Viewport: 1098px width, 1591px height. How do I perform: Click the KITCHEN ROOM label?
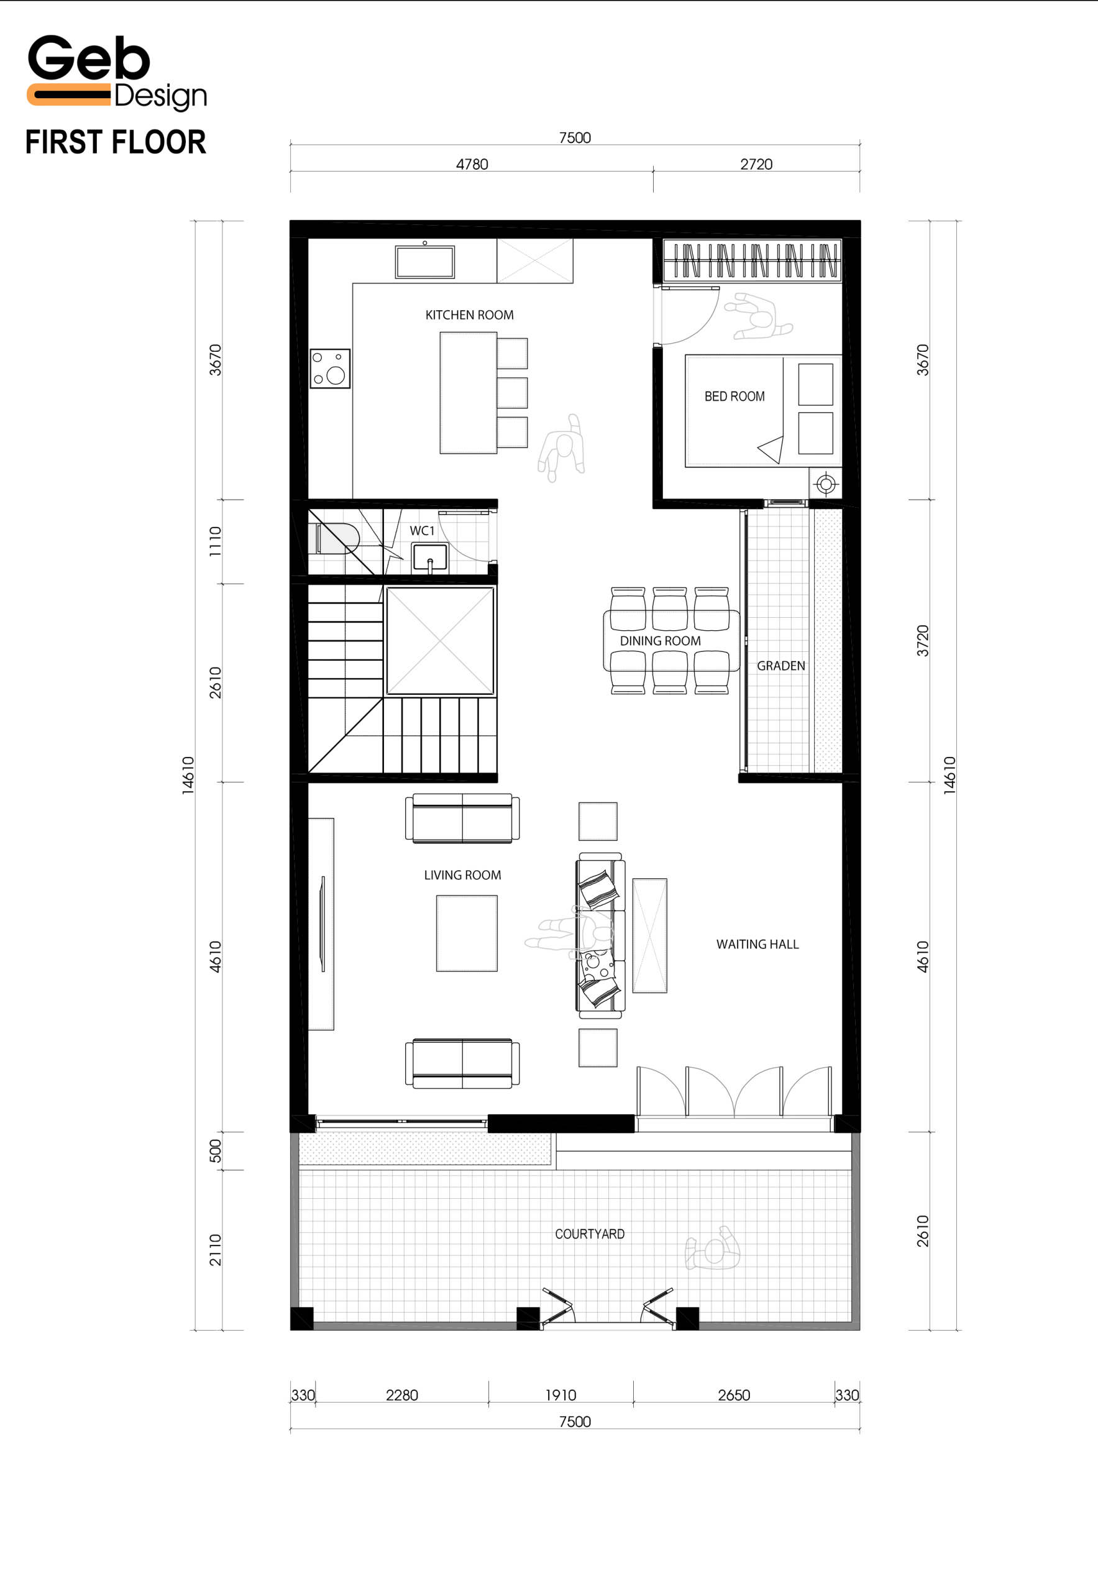coord(469,315)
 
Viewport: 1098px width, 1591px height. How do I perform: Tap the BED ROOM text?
coord(734,397)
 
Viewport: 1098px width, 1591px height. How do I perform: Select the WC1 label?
coord(422,531)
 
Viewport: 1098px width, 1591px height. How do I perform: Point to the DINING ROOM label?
coord(660,641)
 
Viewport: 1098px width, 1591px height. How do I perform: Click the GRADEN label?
coord(781,666)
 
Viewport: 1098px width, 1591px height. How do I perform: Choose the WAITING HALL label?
coord(757,944)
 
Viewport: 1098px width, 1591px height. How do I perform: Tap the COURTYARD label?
coord(590,1234)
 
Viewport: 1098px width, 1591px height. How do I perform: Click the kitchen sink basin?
coord(424,262)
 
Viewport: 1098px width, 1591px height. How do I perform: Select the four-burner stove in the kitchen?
coord(330,368)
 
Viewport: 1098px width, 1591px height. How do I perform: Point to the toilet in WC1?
coord(337,538)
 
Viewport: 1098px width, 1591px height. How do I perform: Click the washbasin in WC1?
coord(430,557)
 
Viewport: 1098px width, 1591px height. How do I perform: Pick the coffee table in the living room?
coord(467,933)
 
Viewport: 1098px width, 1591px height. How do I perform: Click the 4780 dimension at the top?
coord(472,165)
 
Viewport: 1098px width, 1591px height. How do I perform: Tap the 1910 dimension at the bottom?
coord(560,1395)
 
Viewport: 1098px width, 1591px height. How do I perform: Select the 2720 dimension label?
coord(756,165)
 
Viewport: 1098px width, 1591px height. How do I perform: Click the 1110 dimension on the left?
coord(216,541)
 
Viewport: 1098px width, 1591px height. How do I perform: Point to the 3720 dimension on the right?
coord(923,641)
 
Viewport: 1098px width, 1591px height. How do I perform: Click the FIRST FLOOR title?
coord(116,142)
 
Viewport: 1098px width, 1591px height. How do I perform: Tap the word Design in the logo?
coord(160,96)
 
